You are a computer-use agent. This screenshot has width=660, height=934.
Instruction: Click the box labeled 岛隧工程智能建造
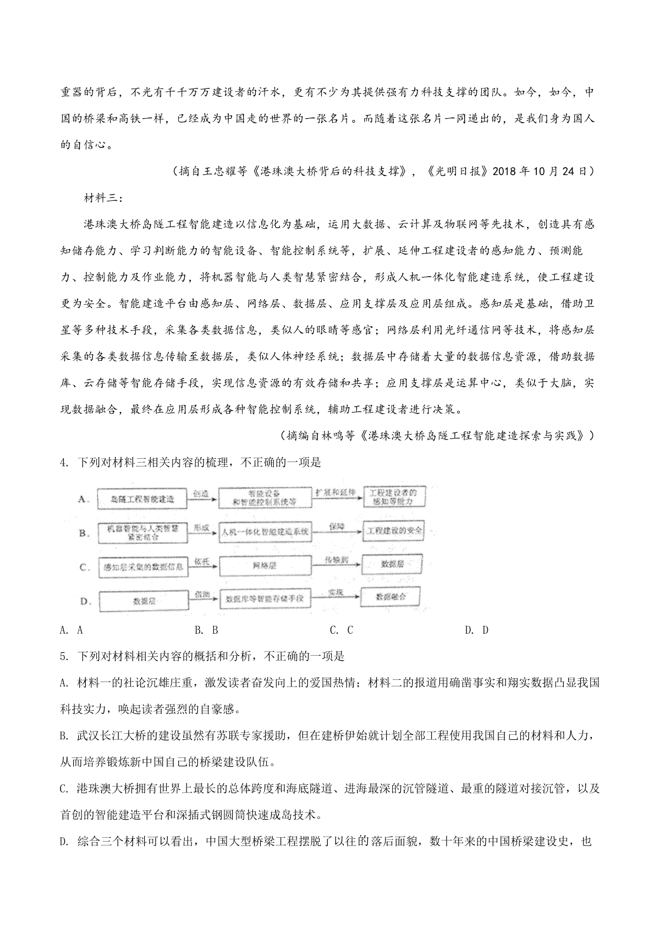(x=142, y=499)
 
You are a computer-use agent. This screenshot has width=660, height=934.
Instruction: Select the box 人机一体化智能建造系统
(x=265, y=532)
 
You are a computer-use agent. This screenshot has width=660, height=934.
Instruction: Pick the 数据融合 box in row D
(x=391, y=597)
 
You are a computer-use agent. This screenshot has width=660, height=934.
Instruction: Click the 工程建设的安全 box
(x=395, y=531)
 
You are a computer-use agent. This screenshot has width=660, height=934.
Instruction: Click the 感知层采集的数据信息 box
(x=142, y=567)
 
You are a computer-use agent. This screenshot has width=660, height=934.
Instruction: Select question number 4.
(x=64, y=463)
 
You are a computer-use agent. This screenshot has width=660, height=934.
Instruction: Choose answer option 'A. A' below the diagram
(x=71, y=630)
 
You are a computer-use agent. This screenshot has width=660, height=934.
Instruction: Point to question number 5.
(x=64, y=656)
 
